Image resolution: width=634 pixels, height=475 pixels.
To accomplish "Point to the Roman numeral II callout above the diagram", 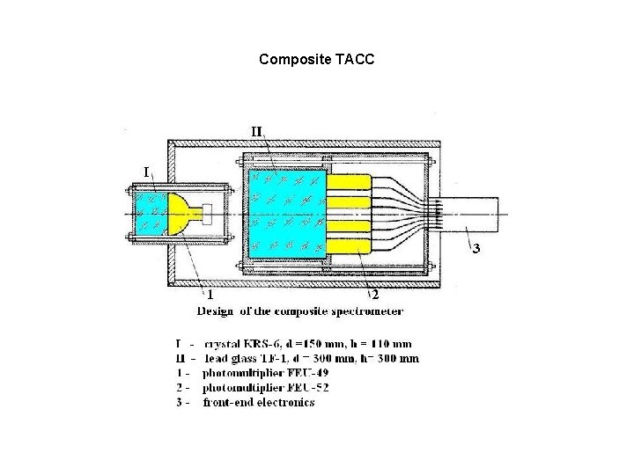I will tap(256, 131).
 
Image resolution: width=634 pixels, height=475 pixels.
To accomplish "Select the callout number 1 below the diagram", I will tap(210, 294).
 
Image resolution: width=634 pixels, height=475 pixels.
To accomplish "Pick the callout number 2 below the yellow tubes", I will tap(374, 294).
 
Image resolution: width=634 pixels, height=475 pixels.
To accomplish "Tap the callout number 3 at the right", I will tap(476, 249).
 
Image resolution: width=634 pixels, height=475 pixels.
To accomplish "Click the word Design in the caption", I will tap(217, 311).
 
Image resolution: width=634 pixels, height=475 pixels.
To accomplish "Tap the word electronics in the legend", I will tap(284, 403).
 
